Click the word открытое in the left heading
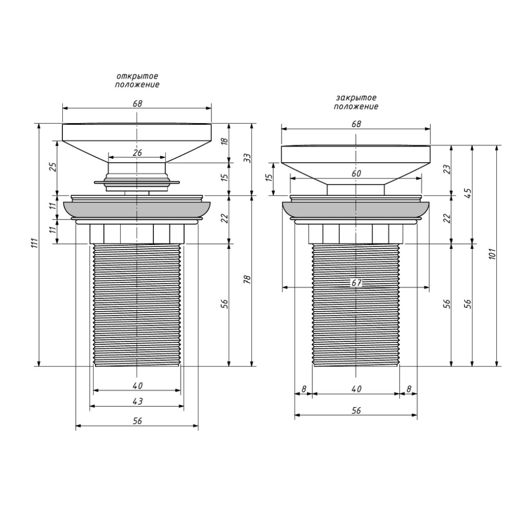click(x=137, y=77)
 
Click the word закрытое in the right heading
click(x=356, y=98)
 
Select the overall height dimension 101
click(x=492, y=254)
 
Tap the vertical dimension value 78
click(x=247, y=279)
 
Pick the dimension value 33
click(x=247, y=158)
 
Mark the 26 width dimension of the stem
click(x=137, y=152)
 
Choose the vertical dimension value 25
click(x=53, y=167)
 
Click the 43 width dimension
click(x=137, y=401)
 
